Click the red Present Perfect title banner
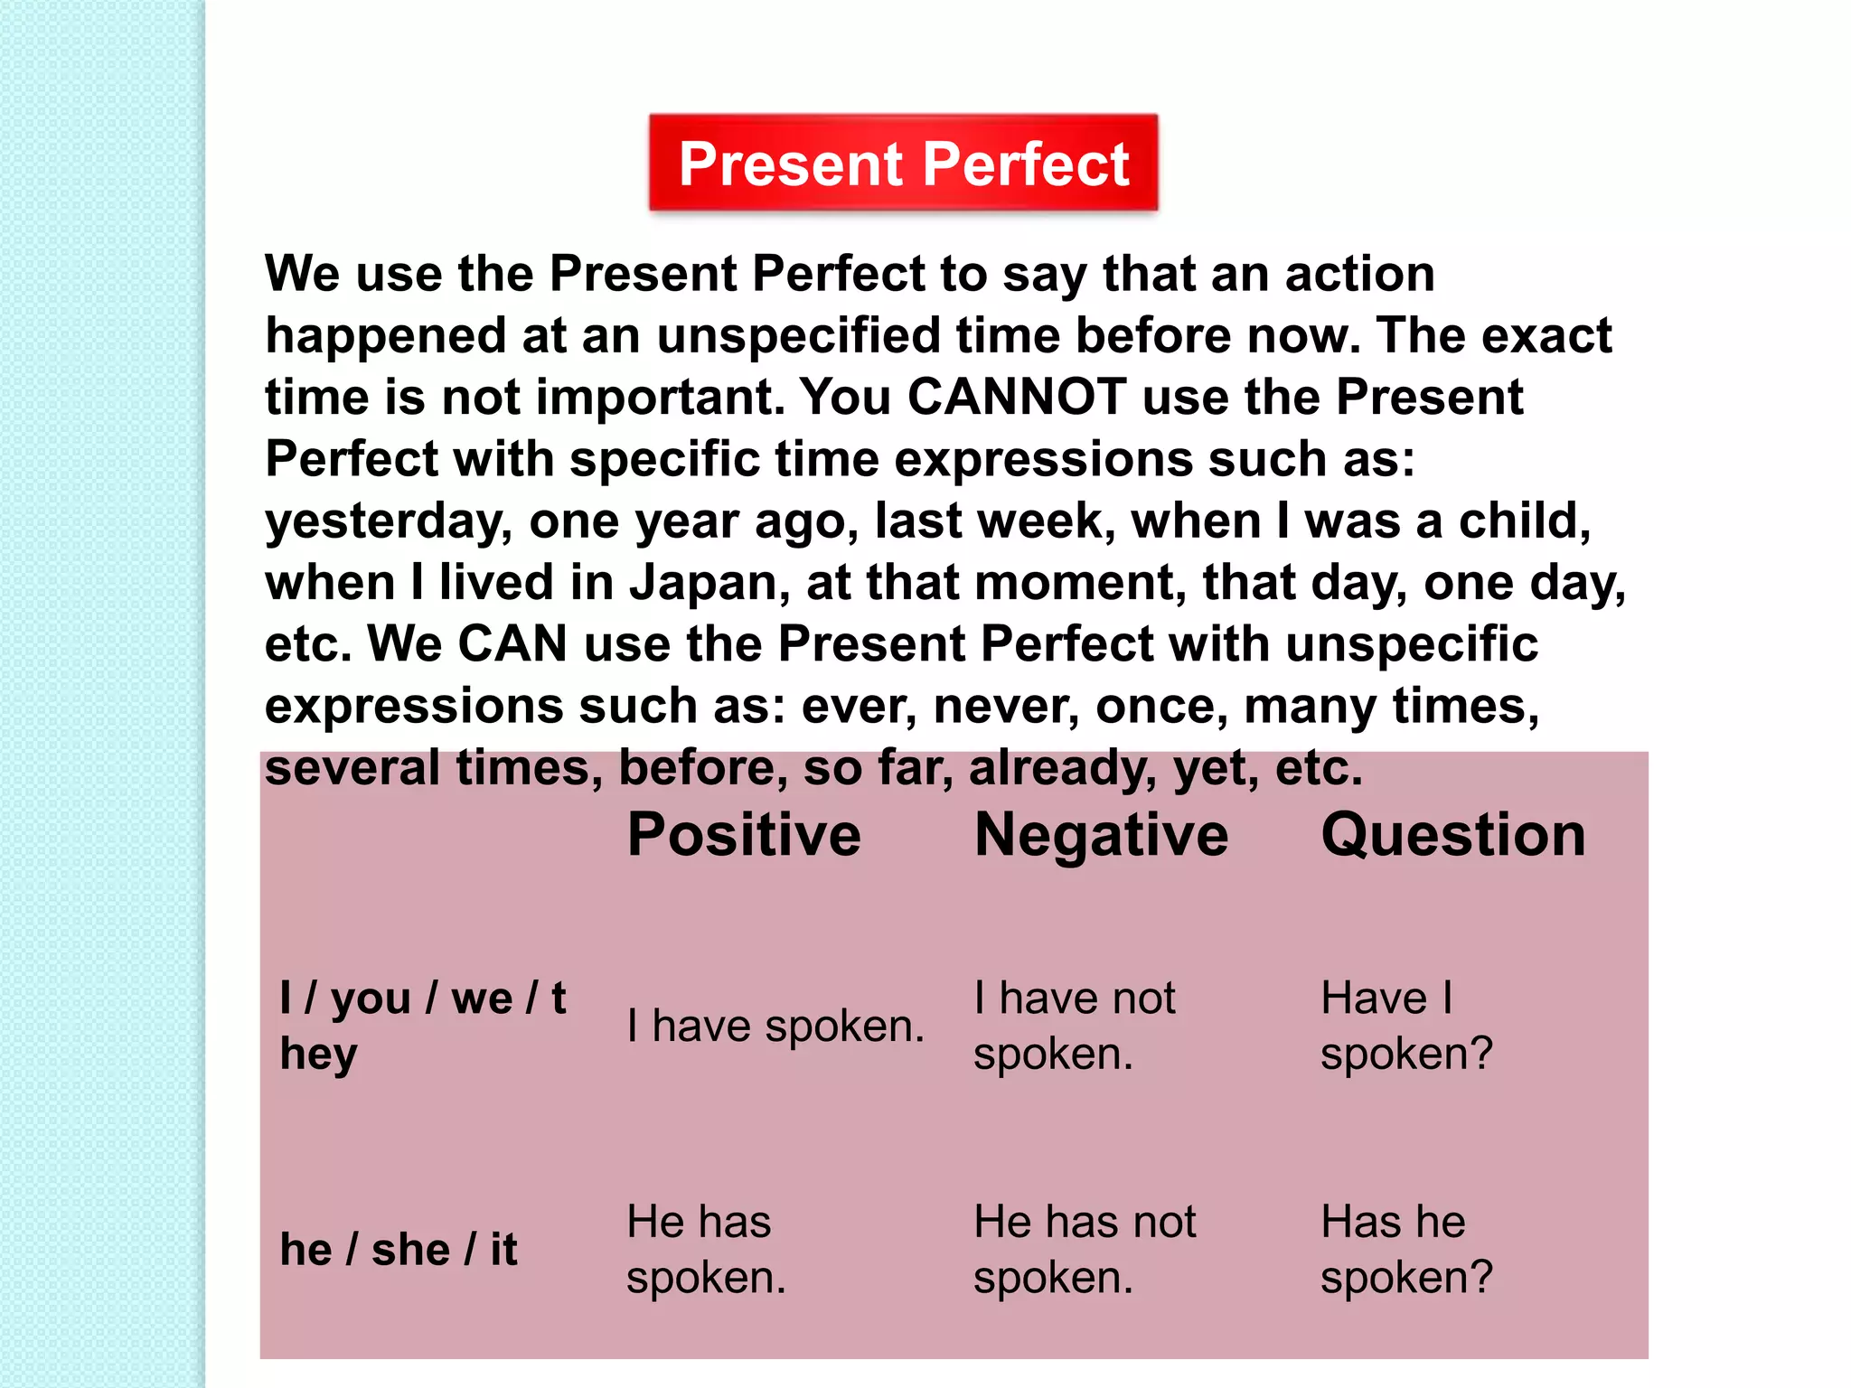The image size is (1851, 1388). [903, 164]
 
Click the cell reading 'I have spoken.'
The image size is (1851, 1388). [775, 1027]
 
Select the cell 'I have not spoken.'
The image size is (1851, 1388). [1074, 1027]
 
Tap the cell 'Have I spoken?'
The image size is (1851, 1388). [1405, 1027]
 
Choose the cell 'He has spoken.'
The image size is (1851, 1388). [706, 1250]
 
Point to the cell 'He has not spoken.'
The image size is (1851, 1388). [1084, 1250]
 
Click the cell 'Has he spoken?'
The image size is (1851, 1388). [1405, 1250]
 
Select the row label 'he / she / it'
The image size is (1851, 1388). [399, 1250]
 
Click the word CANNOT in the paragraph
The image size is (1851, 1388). [1017, 397]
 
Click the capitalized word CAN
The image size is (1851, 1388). [512, 644]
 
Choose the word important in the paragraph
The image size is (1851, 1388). [661, 398]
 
